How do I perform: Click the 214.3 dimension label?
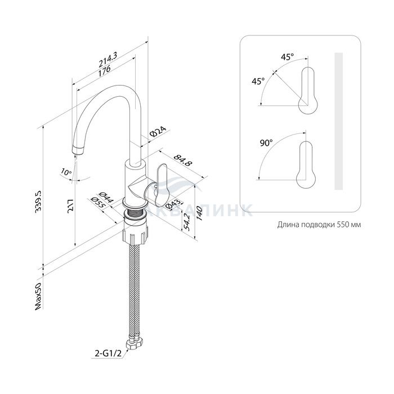108,60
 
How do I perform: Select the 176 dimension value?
104,70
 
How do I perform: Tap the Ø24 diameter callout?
158,131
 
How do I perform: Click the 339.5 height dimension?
39,202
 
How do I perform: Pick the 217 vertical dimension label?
71,206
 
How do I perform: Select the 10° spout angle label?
66,172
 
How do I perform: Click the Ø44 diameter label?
106,198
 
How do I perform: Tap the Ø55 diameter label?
98,202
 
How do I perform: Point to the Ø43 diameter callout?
173,204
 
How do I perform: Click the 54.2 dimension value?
186,222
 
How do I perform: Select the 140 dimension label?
199,213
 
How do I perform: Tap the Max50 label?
38,296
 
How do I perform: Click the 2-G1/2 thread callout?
108,353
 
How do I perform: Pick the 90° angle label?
266,143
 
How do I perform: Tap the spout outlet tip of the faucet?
78,150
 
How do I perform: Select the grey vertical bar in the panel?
338,121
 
